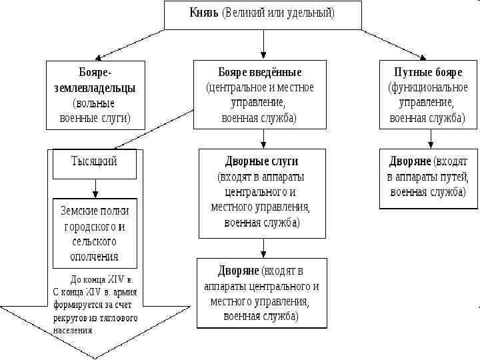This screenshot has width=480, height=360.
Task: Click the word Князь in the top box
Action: click(204, 13)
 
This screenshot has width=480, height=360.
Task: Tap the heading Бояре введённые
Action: click(260, 72)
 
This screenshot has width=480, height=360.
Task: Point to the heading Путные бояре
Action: click(427, 72)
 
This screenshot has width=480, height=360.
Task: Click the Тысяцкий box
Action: click(94, 161)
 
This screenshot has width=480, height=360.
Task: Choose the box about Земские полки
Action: click(95, 233)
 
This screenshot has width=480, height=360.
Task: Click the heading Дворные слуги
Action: click(261, 161)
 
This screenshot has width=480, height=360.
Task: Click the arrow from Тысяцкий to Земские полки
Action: click(95, 189)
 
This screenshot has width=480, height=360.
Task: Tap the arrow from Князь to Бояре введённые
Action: click(264, 44)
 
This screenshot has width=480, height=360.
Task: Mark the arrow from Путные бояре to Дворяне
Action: click(430, 139)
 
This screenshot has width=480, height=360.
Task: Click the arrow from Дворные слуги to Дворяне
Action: click(263, 248)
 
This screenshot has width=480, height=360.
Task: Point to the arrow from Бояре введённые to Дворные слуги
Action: click(263, 139)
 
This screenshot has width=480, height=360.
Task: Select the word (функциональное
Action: click(427, 87)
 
